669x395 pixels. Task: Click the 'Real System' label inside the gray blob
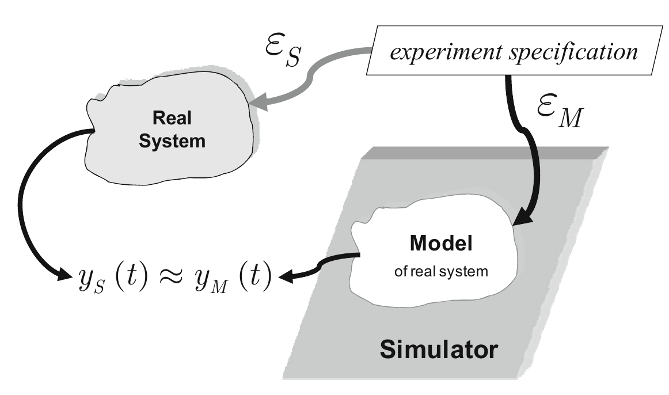[x=172, y=130]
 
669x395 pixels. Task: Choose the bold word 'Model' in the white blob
[x=440, y=244]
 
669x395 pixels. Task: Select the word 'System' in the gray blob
[x=172, y=141]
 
